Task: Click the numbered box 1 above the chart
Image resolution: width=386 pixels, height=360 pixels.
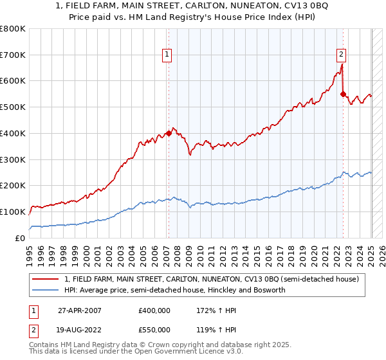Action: click(167, 55)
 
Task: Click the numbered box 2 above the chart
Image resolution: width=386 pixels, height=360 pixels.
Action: click(341, 55)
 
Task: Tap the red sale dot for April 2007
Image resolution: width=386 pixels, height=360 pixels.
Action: click(169, 133)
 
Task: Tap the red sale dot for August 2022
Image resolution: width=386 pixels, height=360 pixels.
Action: click(343, 94)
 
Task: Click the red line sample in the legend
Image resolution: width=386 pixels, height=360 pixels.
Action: click(45, 279)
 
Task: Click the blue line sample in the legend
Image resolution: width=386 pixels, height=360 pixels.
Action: click(45, 290)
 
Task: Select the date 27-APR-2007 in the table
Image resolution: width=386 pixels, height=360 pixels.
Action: click(81, 310)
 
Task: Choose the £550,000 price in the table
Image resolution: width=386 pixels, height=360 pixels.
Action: click(154, 330)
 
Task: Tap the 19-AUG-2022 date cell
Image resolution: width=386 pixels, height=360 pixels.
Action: click(81, 330)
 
